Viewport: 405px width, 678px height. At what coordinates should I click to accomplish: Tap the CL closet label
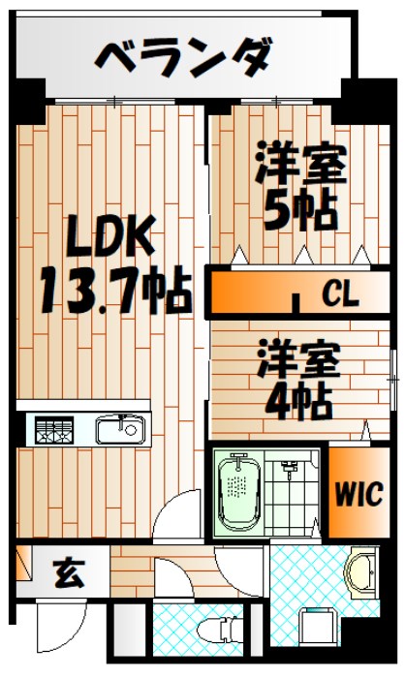pos(340,293)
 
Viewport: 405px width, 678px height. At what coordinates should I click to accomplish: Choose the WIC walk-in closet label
pos(360,491)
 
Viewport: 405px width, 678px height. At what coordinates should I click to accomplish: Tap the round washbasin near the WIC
pos(362,573)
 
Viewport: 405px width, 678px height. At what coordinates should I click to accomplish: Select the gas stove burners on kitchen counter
pos(56,427)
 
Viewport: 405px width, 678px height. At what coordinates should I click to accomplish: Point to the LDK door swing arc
pos(179,518)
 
